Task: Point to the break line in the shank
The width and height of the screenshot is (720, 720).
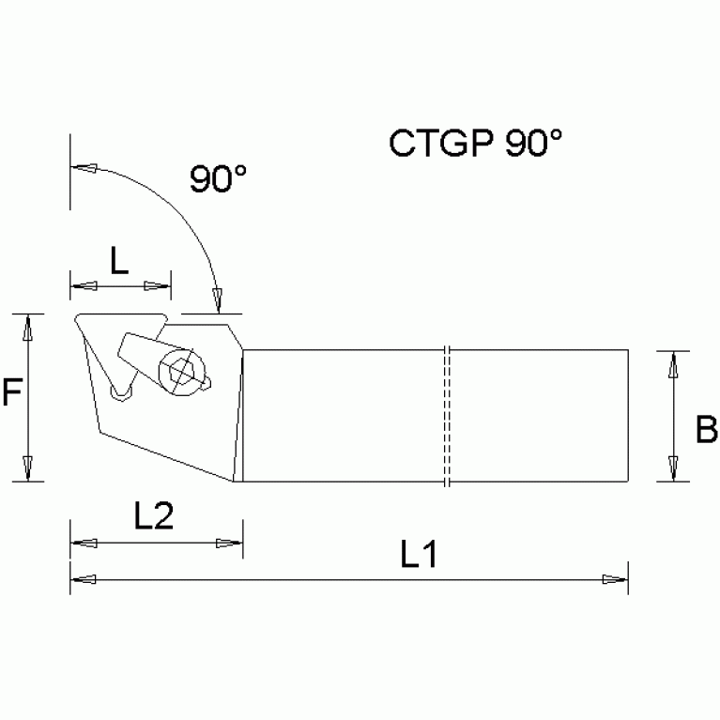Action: tap(447, 416)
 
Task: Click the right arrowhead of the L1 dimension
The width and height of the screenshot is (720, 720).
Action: tap(616, 579)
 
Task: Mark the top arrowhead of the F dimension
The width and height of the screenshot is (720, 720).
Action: tap(28, 326)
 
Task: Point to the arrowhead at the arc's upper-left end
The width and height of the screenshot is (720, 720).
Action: tap(84, 169)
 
